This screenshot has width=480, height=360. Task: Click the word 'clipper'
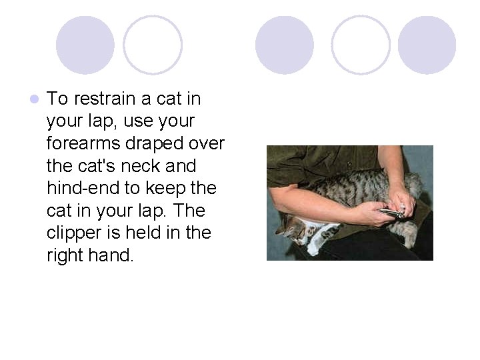click(x=72, y=233)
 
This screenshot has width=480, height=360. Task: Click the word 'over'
click(x=207, y=143)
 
